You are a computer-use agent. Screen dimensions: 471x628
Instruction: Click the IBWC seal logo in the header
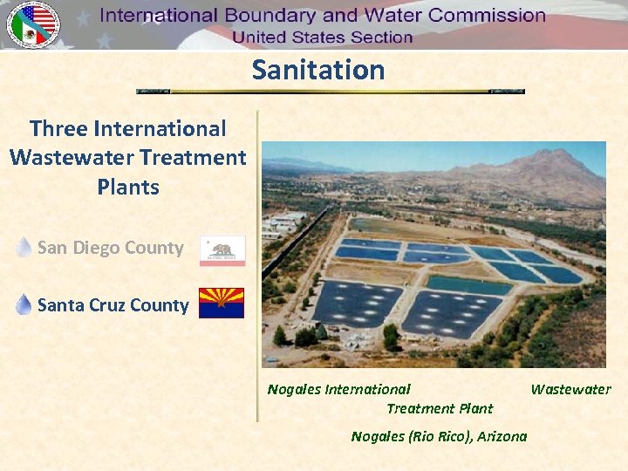(x=33, y=25)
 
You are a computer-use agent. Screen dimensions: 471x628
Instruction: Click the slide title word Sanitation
(x=318, y=70)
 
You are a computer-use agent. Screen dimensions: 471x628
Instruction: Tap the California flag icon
(x=222, y=249)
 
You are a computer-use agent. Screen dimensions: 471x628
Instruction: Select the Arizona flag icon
(x=222, y=304)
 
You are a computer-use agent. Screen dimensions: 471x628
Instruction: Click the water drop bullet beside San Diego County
(x=24, y=248)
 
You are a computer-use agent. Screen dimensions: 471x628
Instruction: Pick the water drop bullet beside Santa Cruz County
(x=24, y=304)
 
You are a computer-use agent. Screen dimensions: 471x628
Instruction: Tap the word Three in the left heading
(x=58, y=129)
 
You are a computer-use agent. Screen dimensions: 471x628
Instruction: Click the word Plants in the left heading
(x=128, y=188)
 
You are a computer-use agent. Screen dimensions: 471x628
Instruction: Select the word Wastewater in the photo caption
(x=570, y=390)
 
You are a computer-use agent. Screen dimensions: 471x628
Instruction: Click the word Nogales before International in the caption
(x=294, y=390)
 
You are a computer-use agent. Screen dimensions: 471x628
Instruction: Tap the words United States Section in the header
(x=322, y=38)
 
